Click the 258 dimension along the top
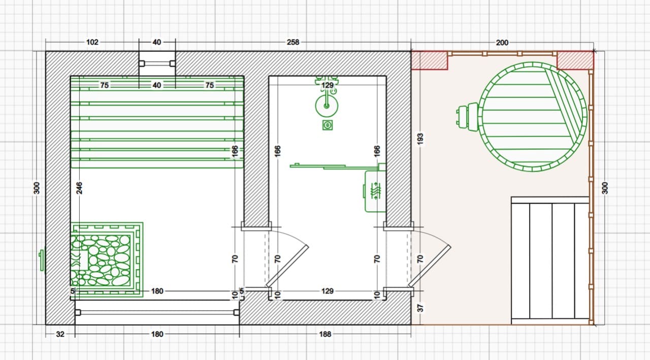tap(293, 42)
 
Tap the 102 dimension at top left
tap(92, 42)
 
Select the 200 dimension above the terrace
tap(502, 43)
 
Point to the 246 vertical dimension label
tap(79, 188)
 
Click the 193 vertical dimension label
tap(420, 139)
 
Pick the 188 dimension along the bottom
tap(325, 334)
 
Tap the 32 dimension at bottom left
tap(60, 334)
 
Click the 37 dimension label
tap(420, 308)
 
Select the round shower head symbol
tap(327, 106)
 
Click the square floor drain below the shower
tap(328, 125)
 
